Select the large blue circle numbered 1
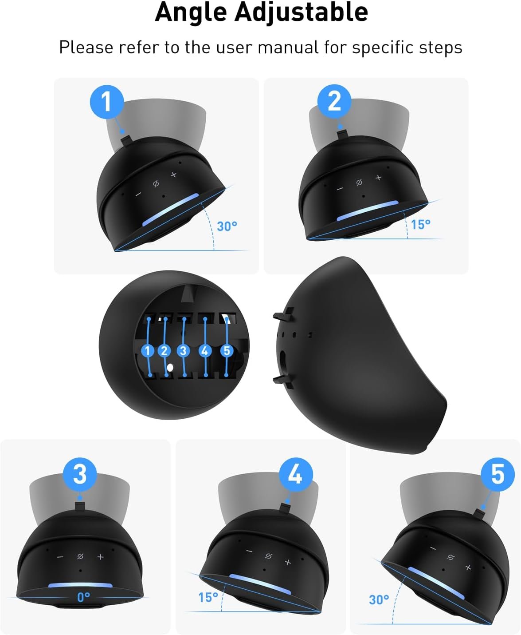click(107, 102)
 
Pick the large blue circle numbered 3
click(80, 475)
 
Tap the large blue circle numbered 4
click(295, 475)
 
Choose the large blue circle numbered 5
click(497, 475)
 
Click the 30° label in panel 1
click(227, 226)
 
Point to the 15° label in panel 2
click(421, 224)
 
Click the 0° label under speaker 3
click(83, 597)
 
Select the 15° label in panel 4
click(208, 598)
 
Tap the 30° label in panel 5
click(379, 600)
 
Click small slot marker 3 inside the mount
click(183, 351)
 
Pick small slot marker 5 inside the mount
click(227, 350)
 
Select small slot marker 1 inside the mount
click(148, 351)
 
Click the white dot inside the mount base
click(170, 367)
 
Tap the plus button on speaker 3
click(100, 557)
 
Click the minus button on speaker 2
click(340, 189)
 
